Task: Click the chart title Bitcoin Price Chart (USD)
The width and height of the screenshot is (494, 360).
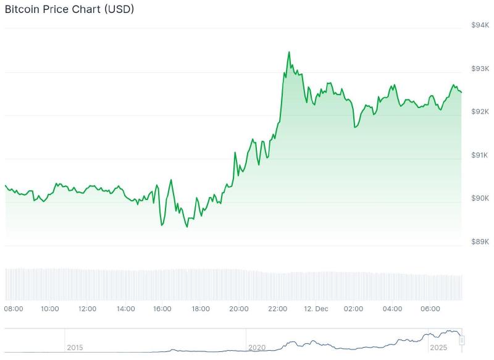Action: pos(69,10)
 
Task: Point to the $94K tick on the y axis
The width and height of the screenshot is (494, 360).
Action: pos(480,25)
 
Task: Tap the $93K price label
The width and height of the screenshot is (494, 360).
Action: pos(480,68)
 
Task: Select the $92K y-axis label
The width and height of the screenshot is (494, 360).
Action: pos(480,111)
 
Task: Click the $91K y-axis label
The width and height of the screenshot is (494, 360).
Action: pos(480,155)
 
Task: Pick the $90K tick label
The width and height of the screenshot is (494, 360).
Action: pos(480,198)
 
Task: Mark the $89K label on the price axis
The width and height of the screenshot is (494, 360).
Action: pos(480,241)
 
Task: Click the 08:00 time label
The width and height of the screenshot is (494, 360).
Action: pos(14,309)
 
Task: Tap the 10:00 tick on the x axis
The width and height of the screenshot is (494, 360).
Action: pos(49,309)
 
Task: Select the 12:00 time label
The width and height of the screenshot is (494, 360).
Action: pos(87,309)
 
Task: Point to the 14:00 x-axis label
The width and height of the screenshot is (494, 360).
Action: pos(125,309)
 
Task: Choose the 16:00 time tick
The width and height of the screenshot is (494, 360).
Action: pos(162,309)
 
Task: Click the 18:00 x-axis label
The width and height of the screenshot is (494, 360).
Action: pos(201,309)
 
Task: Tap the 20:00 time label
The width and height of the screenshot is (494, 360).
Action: pos(239,309)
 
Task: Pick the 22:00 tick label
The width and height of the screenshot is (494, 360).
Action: pos(277,309)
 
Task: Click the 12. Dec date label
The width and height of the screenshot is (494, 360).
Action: pos(316,309)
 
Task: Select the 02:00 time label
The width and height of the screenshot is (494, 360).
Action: pos(354,309)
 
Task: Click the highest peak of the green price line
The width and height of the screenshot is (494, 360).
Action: pos(288,52)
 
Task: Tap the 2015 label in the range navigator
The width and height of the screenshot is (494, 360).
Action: pos(75,348)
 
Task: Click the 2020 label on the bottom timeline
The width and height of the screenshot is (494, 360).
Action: pos(257,348)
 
